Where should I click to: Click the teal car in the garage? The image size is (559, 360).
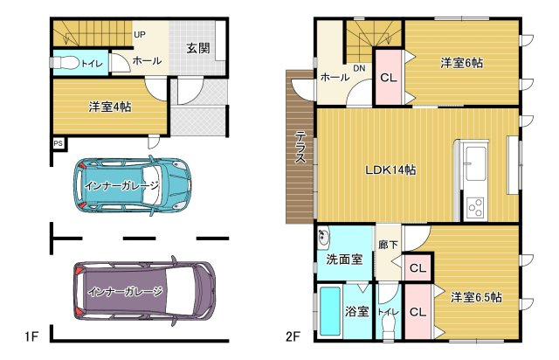click(x=132, y=185)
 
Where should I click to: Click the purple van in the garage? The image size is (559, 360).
click(x=144, y=291)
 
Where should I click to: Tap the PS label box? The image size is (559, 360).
click(x=59, y=143)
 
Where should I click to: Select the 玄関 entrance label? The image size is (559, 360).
click(x=198, y=48)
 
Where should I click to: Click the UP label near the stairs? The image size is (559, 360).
click(x=140, y=35)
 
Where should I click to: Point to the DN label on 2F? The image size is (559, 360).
click(x=359, y=68)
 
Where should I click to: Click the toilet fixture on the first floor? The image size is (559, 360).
click(x=65, y=63)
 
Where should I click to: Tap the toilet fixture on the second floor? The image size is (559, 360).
click(x=388, y=327)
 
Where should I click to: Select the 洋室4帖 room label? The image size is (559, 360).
click(x=110, y=107)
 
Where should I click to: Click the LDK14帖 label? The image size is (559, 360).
click(x=390, y=170)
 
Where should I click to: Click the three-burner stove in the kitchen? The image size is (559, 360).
click(x=475, y=208)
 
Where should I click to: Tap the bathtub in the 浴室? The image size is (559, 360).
click(x=330, y=311)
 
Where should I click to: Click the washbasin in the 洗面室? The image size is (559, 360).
click(x=324, y=237)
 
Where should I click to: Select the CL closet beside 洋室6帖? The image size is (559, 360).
click(x=389, y=78)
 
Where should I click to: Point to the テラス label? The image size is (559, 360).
click(x=300, y=147)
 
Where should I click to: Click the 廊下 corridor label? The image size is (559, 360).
click(x=388, y=245)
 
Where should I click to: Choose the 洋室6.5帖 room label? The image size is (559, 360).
click(x=476, y=297)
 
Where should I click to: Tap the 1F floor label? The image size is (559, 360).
click(x=31, y=336)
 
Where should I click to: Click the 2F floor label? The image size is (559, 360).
click(x=293, y=336)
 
